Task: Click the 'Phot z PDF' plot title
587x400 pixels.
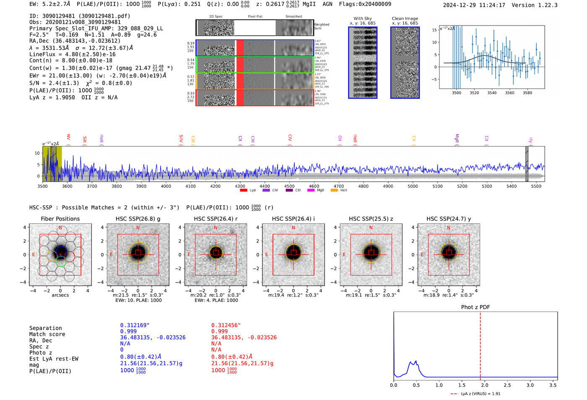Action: (x=475, y=307)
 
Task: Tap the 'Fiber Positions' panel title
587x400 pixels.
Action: (x=60, y=219)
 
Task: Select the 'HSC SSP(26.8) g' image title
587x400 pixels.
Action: (x=138, y=219)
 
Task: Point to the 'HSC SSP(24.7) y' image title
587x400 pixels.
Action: (x=449, y=219)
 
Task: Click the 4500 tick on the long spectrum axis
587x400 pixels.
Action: (x=289, y=186)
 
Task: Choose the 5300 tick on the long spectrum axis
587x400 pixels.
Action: (x=487, y=186)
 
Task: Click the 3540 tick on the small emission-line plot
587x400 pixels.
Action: (x=492, y=93)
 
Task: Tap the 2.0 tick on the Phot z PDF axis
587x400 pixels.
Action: (x=484, y=385)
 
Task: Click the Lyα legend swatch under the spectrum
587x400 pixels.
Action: (x=244, y=190)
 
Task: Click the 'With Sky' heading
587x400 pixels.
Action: (x=363, y=18)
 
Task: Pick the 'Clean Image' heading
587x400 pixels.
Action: (x=405, y=18)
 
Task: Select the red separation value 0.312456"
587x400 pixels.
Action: (x=226, y=325)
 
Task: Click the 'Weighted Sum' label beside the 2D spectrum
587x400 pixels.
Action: (x=322, y=26)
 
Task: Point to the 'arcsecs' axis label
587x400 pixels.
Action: (x=60, y=295)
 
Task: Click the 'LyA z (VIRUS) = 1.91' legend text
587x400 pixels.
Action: (x=481, y=394)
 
